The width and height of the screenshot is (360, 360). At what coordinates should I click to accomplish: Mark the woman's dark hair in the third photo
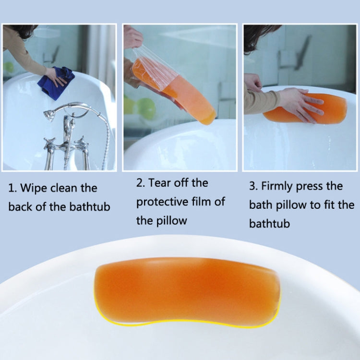click(259, 36)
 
